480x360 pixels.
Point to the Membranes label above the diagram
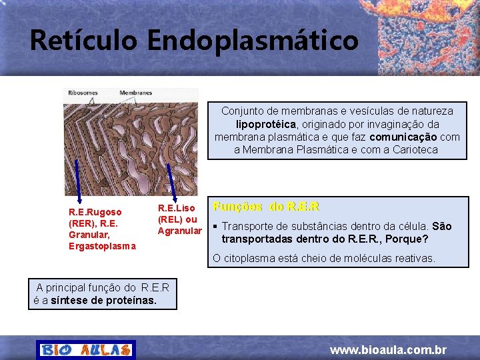click(x=136, y=93)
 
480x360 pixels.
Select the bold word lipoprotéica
click(x=265, y=124)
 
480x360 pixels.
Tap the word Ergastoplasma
click(x=102, y=246)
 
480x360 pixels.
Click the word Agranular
click(x=179, y=231)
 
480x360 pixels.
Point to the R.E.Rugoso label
click(x=95, y=212)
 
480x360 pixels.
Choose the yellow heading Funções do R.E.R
click(x=265, y=207)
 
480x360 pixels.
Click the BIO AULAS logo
click(x=86, y=349)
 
